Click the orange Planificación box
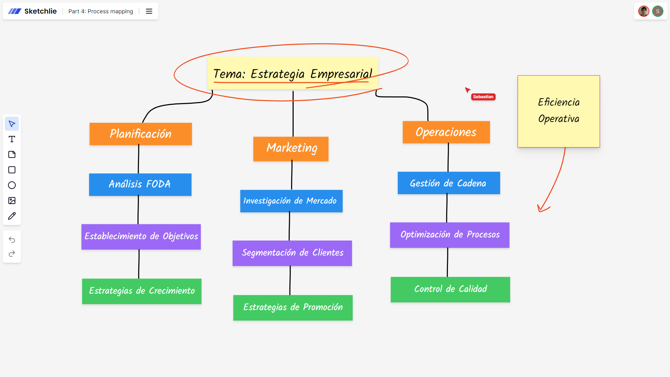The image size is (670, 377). click(140, 134)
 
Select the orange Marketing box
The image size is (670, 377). click(291, 148)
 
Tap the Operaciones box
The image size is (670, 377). click(446, 132)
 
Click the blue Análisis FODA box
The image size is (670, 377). click(140, 184)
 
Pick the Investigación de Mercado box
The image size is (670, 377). click(291, 201)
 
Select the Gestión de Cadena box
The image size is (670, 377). click(448, 183)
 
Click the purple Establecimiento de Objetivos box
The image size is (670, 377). click(141, 237)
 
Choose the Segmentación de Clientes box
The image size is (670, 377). click(292, 253)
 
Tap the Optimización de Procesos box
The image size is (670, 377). click(449, 235)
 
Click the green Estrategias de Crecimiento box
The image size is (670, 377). click(141, 291)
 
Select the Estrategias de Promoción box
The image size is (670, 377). click(293, 307)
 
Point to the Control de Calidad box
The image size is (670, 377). click(450, 289)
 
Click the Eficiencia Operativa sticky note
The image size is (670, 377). click(558, 111)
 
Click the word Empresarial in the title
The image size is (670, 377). click(341, 74)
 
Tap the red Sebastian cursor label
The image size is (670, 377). click(483, 97)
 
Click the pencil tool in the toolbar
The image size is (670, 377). click(12, 216)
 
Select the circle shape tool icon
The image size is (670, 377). click(12, 185)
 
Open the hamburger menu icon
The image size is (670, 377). click(149, 11)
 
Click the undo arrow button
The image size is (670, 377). click(12, 240)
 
